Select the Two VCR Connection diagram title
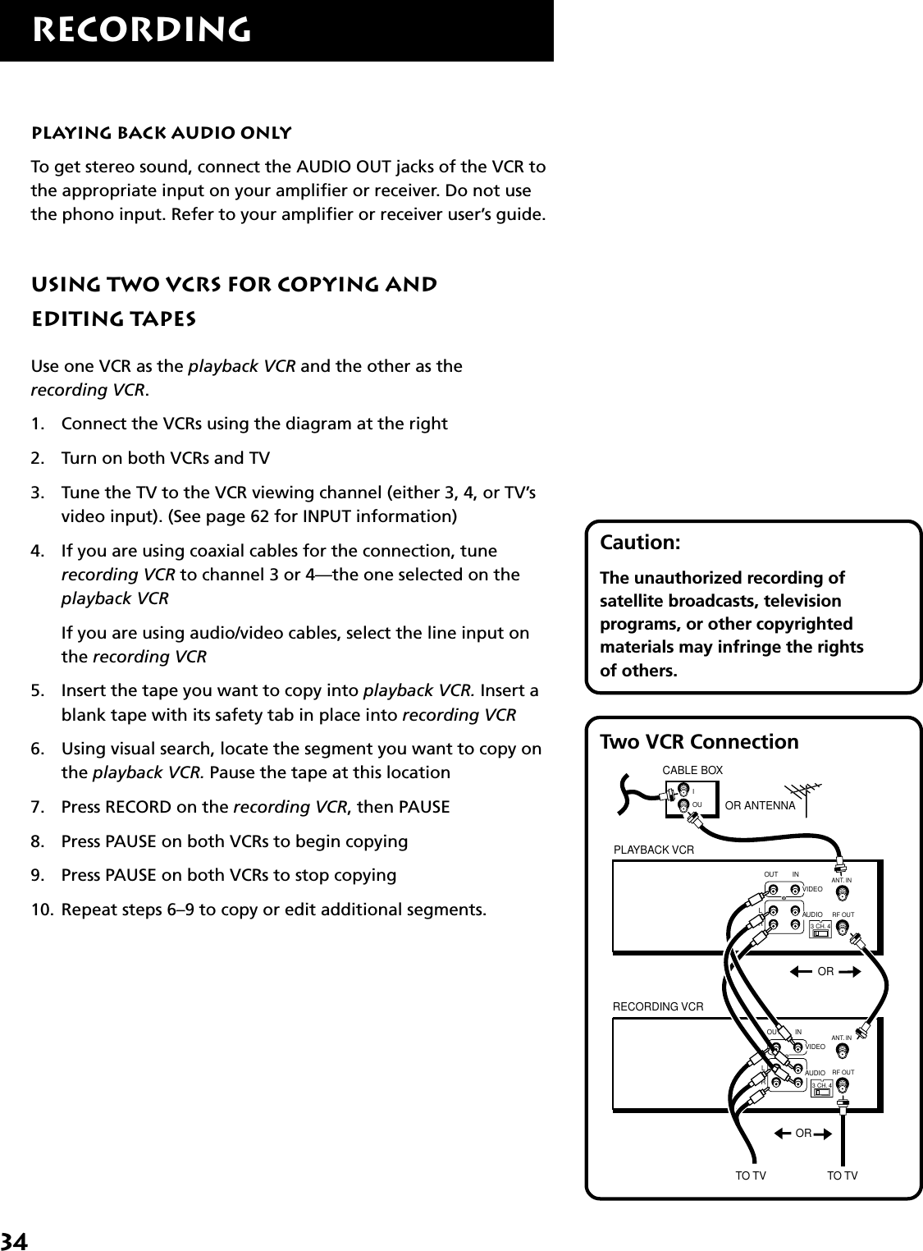699,742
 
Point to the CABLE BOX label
692,770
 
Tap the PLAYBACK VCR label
654,850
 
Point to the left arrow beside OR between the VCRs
801,972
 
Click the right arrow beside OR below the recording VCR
822,1134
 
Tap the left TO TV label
750,1176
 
